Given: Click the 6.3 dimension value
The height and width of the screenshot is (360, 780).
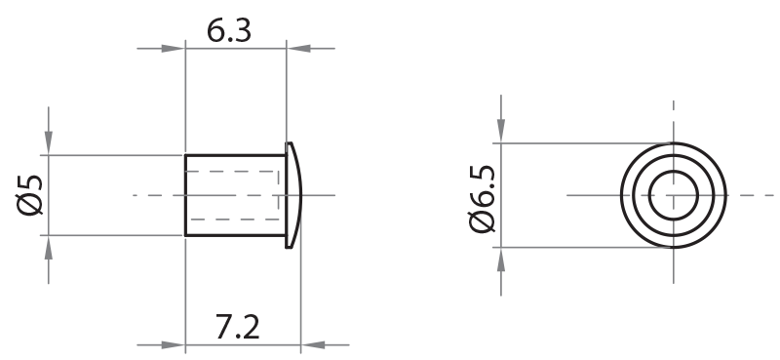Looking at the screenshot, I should point(230,31).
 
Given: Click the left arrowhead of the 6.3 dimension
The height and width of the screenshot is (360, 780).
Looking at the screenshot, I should point(173,49).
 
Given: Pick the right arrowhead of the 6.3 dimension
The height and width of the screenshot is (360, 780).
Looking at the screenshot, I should point(297,49).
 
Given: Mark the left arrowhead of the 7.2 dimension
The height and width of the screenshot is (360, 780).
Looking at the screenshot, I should point(173,344).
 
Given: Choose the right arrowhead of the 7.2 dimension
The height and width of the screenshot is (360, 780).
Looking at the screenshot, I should point(313,344).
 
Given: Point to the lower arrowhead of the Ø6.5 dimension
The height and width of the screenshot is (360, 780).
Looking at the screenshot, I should point(500,259).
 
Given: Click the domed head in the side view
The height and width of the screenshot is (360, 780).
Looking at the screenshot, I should point(294,194).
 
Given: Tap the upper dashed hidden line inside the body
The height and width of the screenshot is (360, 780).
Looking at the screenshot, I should point(232,172).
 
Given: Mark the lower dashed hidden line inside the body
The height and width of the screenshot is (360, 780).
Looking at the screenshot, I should point(232,220).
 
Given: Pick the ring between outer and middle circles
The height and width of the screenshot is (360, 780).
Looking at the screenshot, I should point(673,148).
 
